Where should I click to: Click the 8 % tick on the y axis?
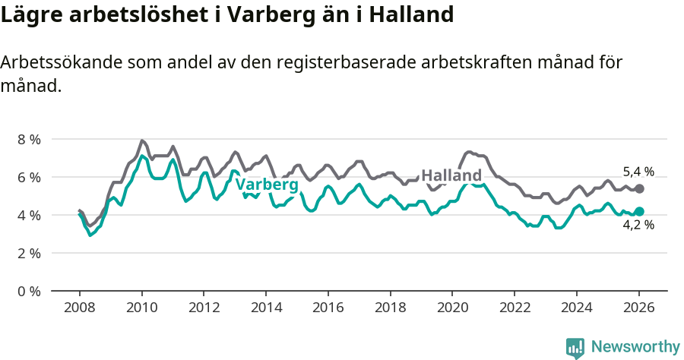pos(29,139)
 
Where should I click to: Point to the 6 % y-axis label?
pos(29,177)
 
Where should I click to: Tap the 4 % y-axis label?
pos(29,215)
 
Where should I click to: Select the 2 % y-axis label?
pos(29,253)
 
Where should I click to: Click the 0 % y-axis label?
pos(29,291)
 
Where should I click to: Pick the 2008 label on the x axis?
pos(79,308)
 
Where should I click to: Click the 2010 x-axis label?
pos(141,308)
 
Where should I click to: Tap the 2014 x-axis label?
pos(265,308)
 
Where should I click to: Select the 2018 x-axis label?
pos(390,308)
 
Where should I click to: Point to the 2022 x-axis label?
pos(515,308)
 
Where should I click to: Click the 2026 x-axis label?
pos(638,308)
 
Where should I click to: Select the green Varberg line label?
pos(266,185)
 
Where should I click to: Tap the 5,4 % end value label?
pos(638,172)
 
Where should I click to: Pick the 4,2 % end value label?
pos(638,225)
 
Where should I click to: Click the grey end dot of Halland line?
pos(639,188)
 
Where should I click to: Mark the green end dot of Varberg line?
pos(639,211)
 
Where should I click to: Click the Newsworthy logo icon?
pos(575,347)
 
